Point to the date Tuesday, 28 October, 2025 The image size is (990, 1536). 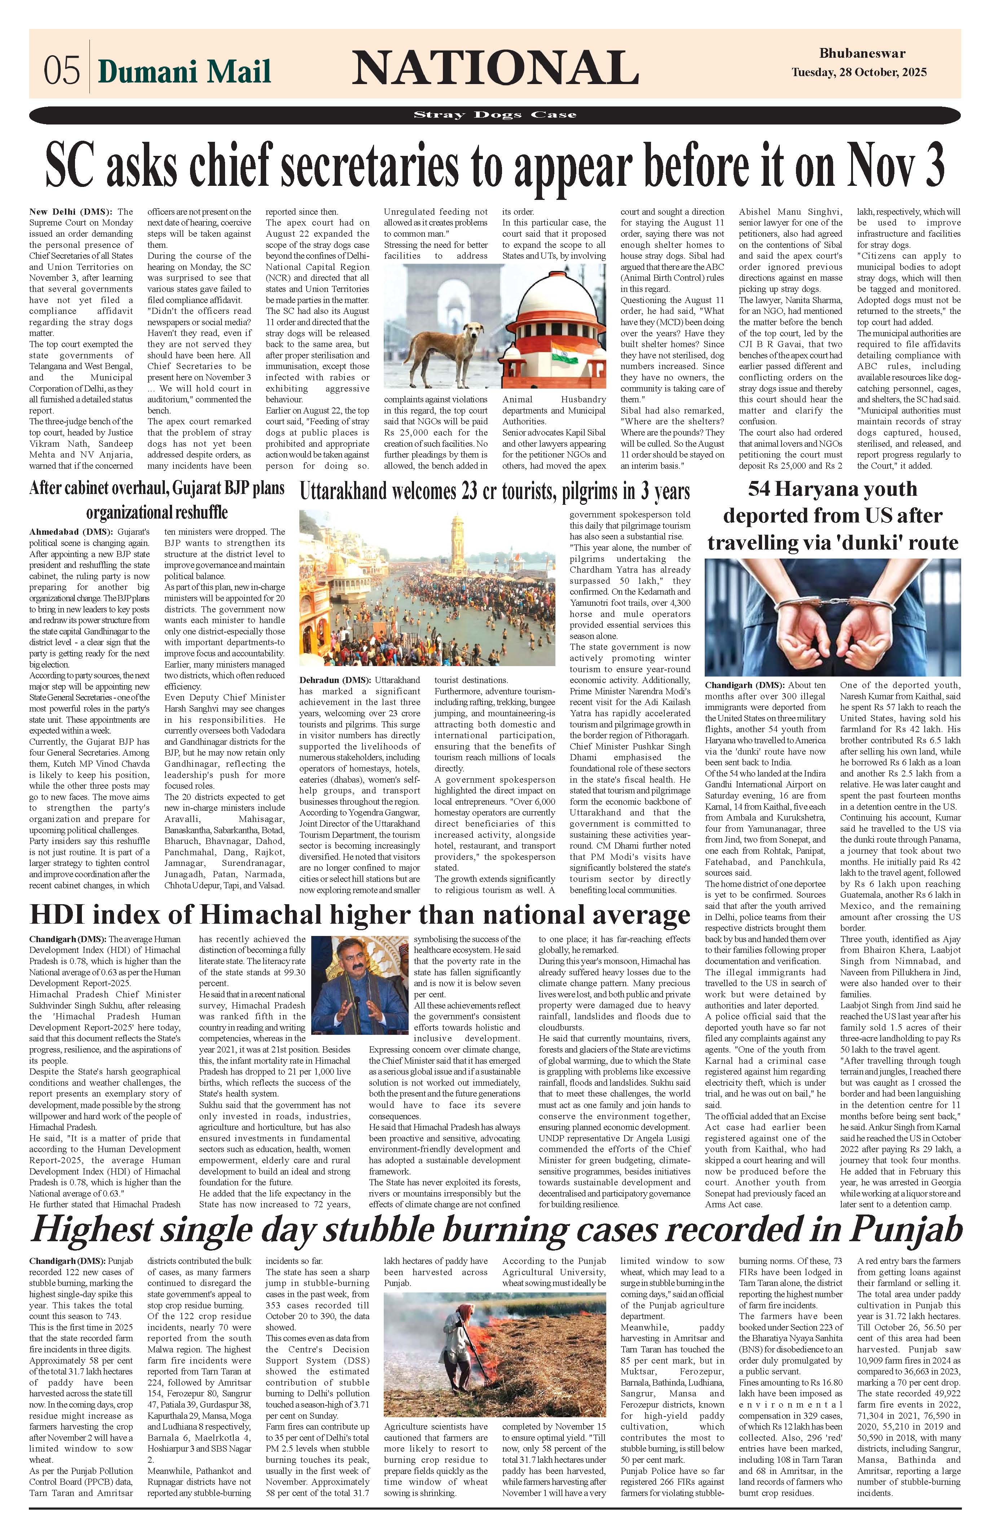click(x=859, y=73)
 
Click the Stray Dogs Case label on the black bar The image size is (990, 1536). click(x=495, y=115)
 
